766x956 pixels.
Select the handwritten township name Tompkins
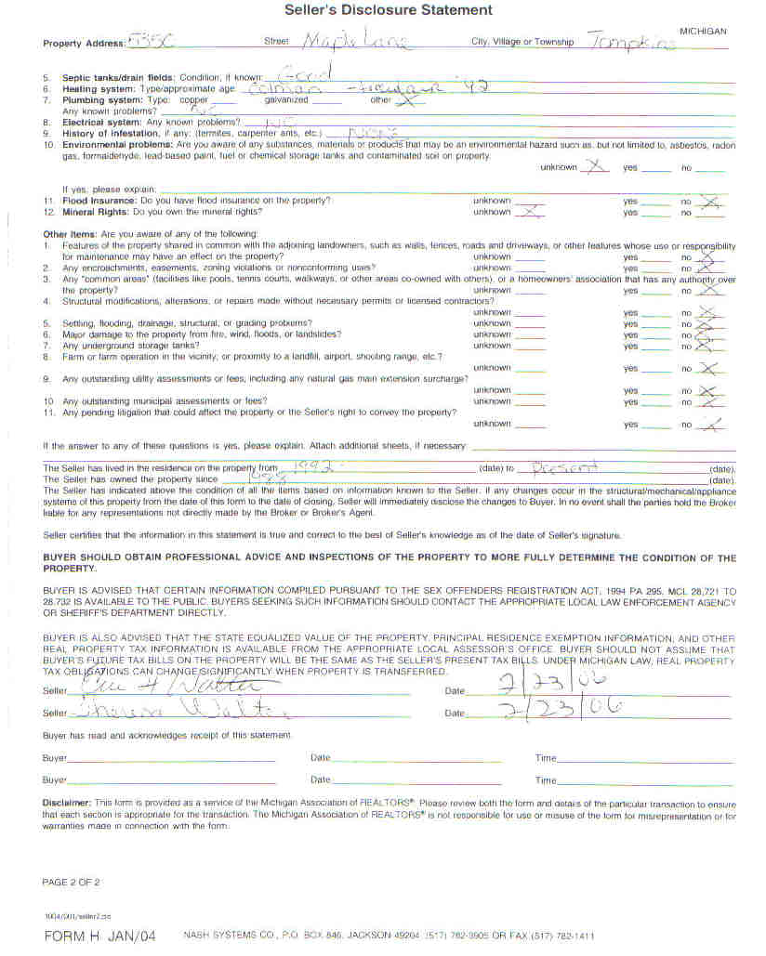click(x=631, y=43)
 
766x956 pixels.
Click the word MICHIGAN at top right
click(x=703, y=31)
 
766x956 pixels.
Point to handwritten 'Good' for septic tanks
click(x=301, y=74)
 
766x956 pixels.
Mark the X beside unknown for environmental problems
click(x=596, y=167)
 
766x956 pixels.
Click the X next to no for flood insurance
click(x=711, y=201)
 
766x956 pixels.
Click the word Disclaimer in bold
click(x=66, y=801)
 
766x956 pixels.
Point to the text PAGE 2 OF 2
click(x=71, y=881)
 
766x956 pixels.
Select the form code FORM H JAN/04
click(x=101, y=936)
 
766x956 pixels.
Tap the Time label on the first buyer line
click(x=546, y=758)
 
